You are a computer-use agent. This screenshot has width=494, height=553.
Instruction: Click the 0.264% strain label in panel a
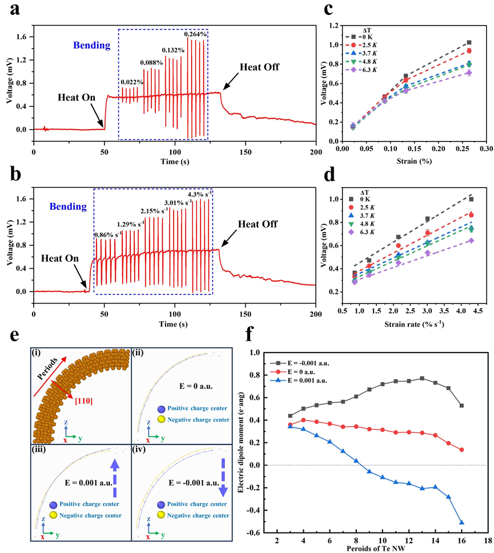click(x=196, y=34)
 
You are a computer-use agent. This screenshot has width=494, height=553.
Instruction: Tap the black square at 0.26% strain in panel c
click(x=469, y=43)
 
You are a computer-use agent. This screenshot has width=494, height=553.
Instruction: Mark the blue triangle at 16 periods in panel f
click(x=461, y=522)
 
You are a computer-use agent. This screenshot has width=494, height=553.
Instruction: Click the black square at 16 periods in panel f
click(x=461, y=406)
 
